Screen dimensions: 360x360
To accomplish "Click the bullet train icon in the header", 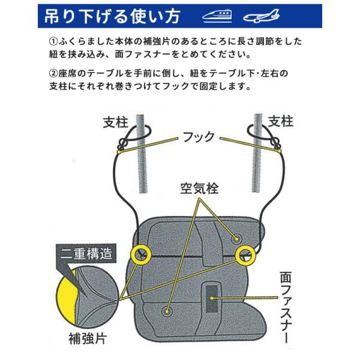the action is [x=217, y=16].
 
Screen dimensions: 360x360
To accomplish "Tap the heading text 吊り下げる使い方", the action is [x=112, y=16].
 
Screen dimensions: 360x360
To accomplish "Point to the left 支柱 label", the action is [x=115, y=122].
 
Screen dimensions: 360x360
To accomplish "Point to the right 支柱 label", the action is [x=281, y=121].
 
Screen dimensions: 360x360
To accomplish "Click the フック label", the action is [x=199, y=137].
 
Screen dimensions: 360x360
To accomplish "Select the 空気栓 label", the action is [x=199, y=188].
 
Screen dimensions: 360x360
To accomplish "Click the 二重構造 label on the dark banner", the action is [x=86, y=254].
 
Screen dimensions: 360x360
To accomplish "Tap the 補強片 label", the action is [x=88, y=338].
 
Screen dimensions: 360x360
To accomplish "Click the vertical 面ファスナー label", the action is [x=286, y=307].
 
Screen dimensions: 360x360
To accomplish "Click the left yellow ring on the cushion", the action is [x=140, y=254].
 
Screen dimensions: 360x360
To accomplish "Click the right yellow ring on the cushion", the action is [x=246, y=254].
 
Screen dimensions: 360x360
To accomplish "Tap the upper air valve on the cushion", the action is [x=236, y=239].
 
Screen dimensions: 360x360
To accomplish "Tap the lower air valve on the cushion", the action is [x=167, y=311].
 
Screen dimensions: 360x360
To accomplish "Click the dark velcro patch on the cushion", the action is [x=211, y=299].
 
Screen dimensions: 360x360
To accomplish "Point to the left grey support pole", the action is [x=142, y=154].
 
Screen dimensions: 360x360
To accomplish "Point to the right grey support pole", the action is [x=257, y=152].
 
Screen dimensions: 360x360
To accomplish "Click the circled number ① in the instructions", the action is [x=53, y=41].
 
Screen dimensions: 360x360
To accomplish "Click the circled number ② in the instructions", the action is [x=53, y=73].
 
